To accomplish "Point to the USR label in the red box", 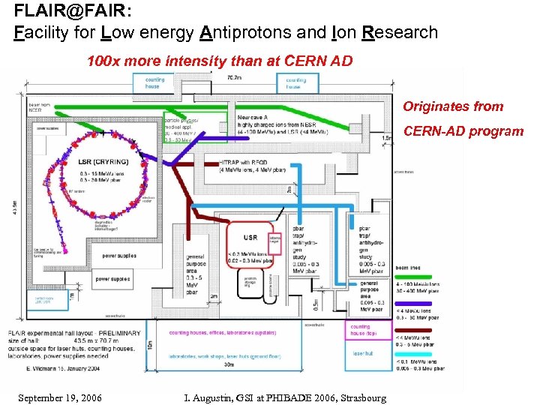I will [250, 238].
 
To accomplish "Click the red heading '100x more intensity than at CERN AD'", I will [220, 61].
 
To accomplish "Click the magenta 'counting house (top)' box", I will [369, 330].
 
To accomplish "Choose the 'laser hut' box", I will [363, 353].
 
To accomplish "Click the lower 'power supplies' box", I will [112, 279].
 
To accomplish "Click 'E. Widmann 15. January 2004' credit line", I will [53, 370].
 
